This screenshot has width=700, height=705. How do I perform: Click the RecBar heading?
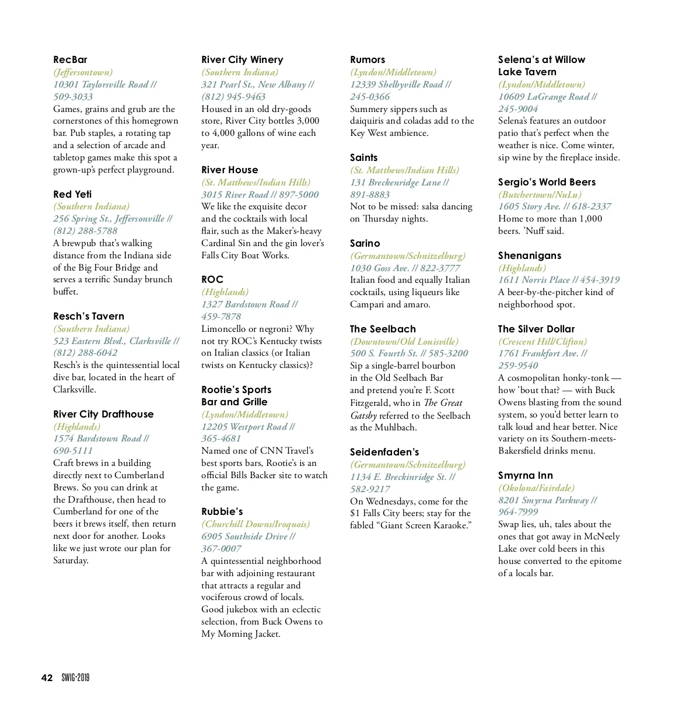pyautogui.click(x=70, y=59)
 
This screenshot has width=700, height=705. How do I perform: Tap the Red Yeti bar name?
pyautogui.click(x=72, y=194)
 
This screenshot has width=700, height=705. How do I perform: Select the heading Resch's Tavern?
pyautogui.click(x=89, y=316)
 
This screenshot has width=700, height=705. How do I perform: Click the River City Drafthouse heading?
pyautogui.click(x=103, y=414)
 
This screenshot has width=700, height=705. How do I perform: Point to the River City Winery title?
pyautogui.click(x=242, y=59)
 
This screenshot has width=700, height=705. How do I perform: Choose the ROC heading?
pyautogui.click(x=212, y=279)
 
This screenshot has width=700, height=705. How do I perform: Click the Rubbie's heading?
pyautogui.click(x=222, y=511)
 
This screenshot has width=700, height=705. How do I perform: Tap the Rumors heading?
pyautogui.click(x=367, y=59)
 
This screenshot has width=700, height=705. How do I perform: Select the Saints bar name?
pyautogui.click(x=363, y=157)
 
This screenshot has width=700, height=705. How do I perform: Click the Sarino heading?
pyautogui.click(x=365, y=243)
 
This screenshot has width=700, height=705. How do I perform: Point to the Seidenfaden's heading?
pyautogui.click(x=384, y=452)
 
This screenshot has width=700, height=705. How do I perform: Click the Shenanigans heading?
pyautogui.click(x=530, y=255)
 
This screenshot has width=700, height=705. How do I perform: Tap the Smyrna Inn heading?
pyautogui.click(x=526, y=475)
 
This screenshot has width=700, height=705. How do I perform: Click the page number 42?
pyautogui.click(x=47, y=678)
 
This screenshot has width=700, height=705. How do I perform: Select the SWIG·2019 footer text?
pyautogui.click(x=76, y=678)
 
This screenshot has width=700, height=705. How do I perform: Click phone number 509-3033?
pyautogui.click(x=73, y=97)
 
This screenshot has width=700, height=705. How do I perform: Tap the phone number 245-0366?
pyautogui.click(x=370, y=97)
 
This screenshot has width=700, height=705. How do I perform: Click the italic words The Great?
pyautogui.click(x=443, y=402)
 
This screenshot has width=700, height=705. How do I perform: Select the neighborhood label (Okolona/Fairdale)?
pyautogui.click(x=536, y=487)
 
